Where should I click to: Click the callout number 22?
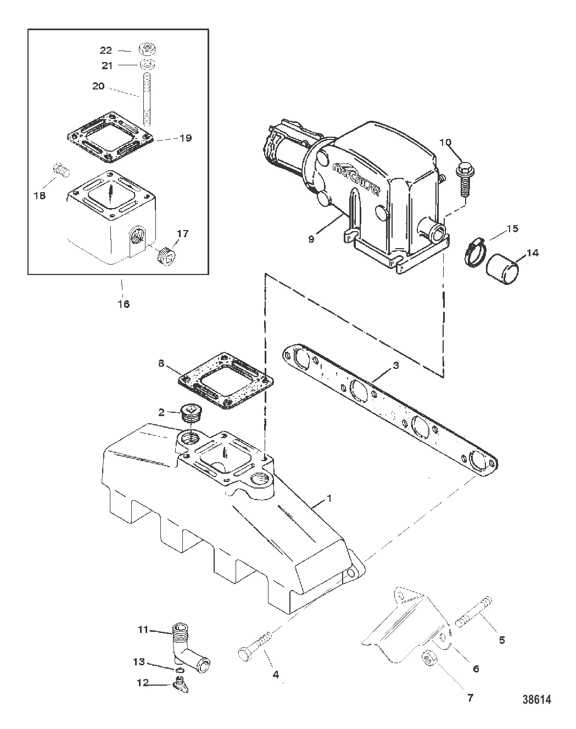point(106,51)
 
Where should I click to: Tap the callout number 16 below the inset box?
point(124,304)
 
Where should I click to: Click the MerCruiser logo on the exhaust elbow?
point(357,180)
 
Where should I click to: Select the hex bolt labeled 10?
point(466,180)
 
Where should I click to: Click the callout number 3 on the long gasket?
point(396,365)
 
